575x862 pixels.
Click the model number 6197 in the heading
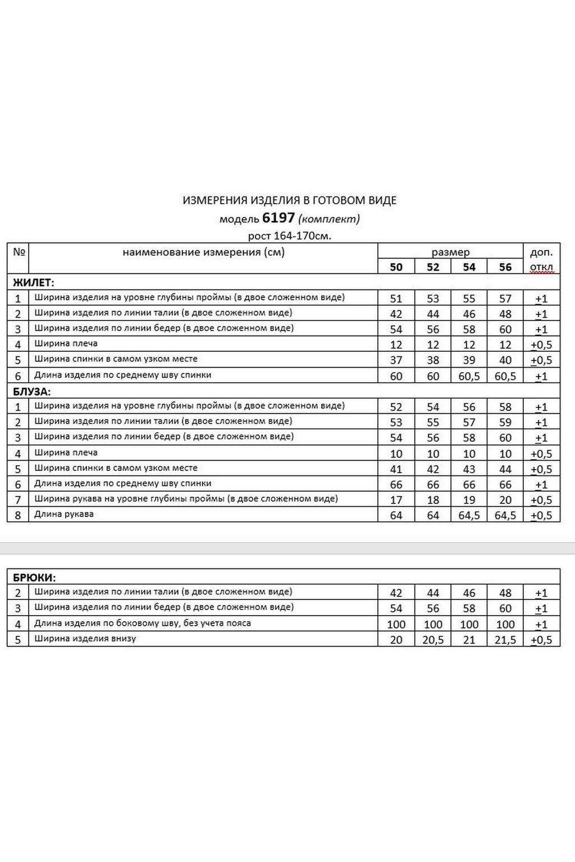[x=278, y=218]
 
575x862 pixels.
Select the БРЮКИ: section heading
[x=34, y=577]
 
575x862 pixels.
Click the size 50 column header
[x=396, y=267]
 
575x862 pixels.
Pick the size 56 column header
[x=505, y=267]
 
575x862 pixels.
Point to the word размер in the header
[x=450, y=252]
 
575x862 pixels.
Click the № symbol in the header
[x=19, y=251]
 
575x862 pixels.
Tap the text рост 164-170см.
[x=289, y=235]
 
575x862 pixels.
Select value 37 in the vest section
[x=396, y=360]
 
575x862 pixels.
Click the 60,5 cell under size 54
[x=469, y=376]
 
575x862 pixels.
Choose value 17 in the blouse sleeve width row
[x=396, y=500]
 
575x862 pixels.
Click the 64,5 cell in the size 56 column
[x=505, y=515]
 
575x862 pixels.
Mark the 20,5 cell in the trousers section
[x=433, y=640]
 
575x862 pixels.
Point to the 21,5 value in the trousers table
[x=505, y=640]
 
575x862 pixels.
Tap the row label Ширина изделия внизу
[x=85, y=639]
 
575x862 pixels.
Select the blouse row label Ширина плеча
[x=66, y=452]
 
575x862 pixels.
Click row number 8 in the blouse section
[x=18, y=515]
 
